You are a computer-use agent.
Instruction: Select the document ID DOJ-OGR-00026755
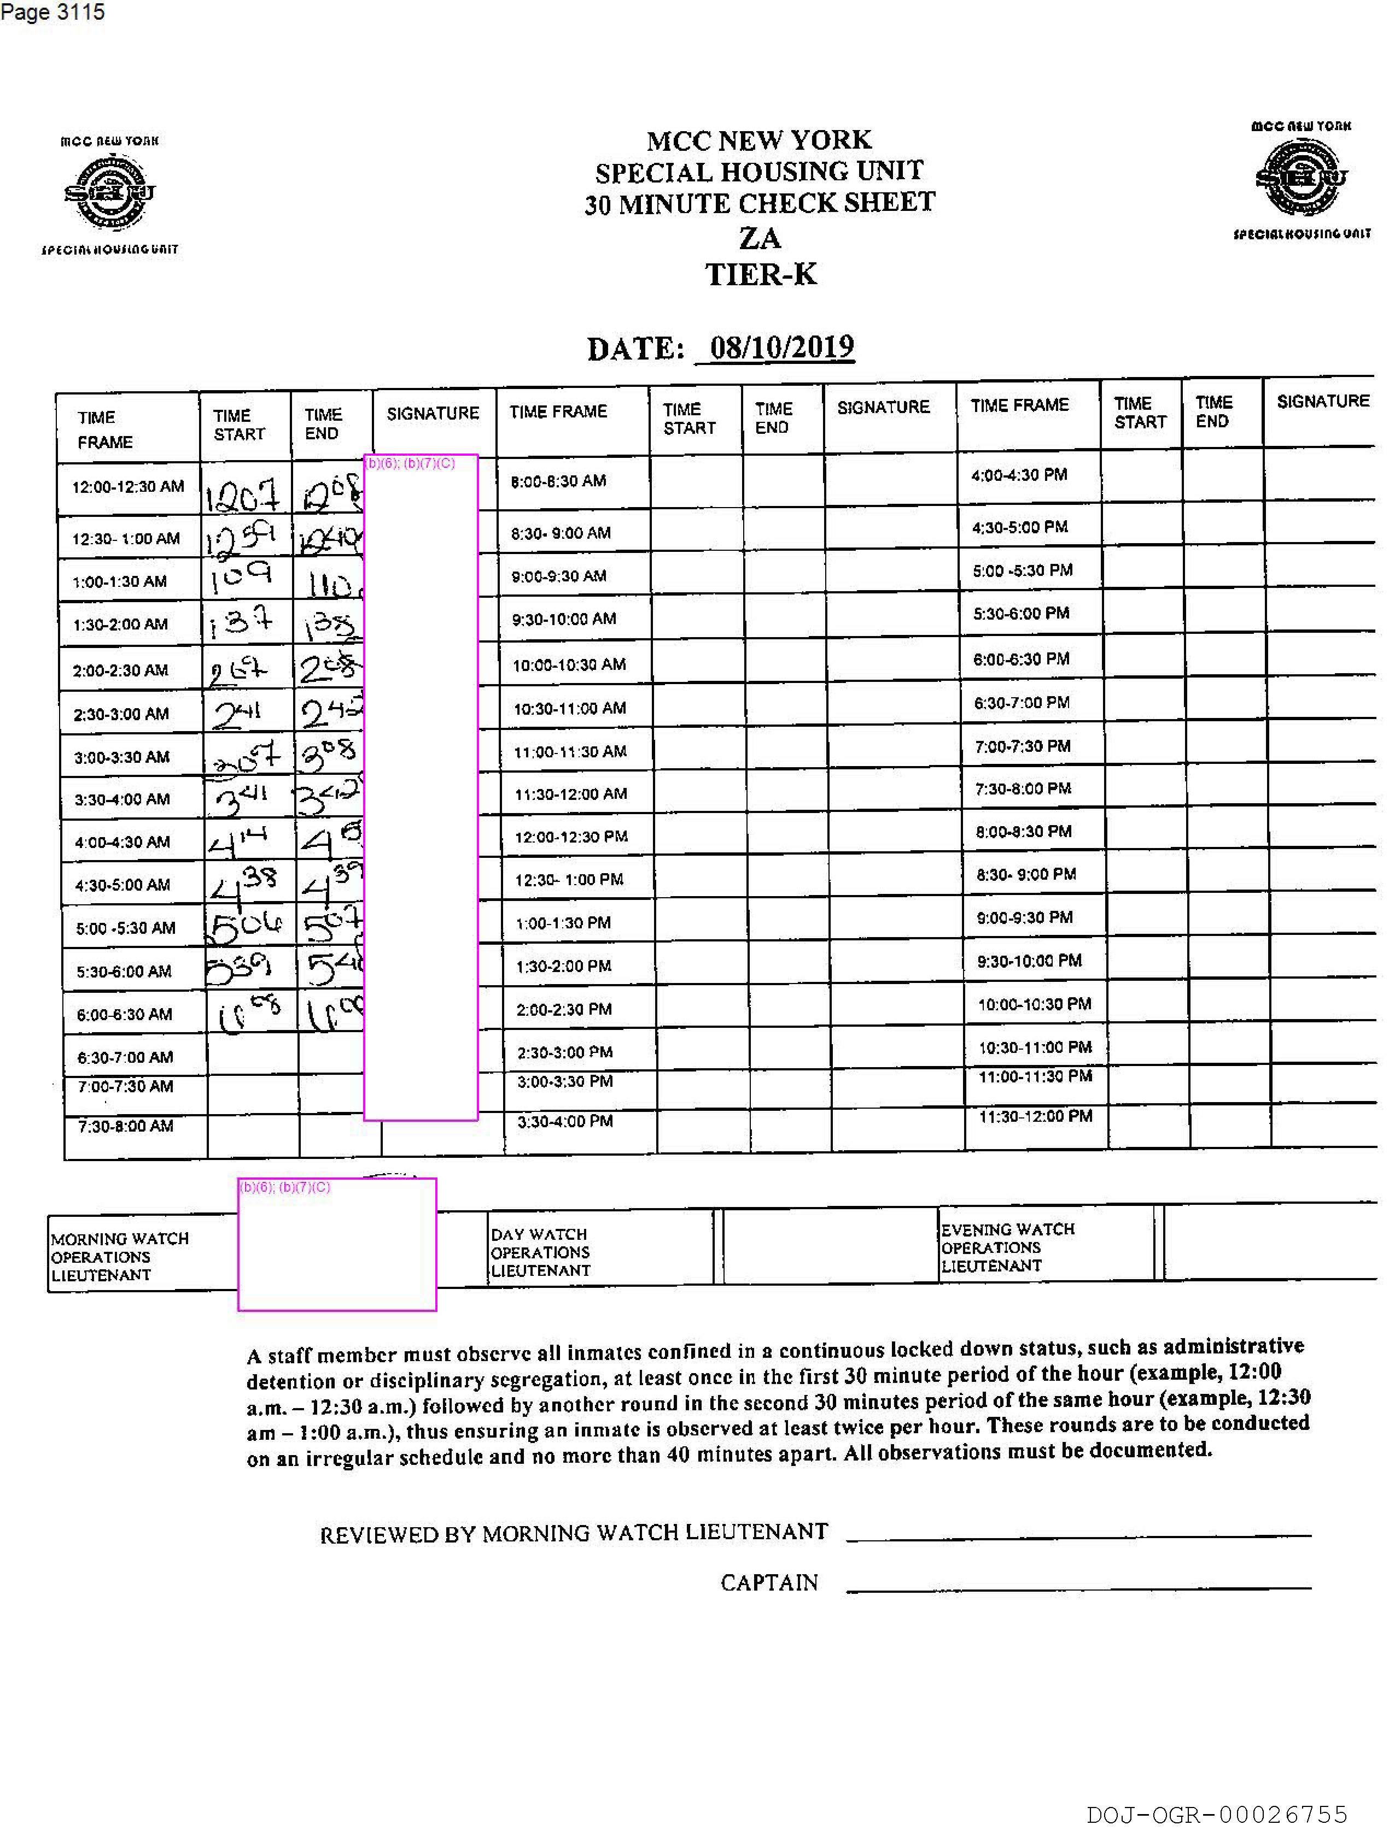click(x=1217, y=1815)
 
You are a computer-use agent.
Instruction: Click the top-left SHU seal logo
click(x=109, y=193)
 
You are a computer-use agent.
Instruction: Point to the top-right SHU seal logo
click(x=1300, y=178)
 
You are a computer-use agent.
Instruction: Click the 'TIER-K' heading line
click(x=760, y=274)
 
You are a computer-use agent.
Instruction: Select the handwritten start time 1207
click(x=243, y=495)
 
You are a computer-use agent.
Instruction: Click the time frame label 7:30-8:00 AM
click(x=125, y=1126)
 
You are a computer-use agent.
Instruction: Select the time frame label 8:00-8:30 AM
click(x=558, y=481)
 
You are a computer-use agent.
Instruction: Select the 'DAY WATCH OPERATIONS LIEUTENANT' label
click(x=540, y=1252)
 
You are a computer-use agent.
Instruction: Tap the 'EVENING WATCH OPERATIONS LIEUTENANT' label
click(x=1007, y=1247)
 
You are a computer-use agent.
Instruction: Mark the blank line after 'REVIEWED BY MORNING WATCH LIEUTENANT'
click(x=1078, y=1535)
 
